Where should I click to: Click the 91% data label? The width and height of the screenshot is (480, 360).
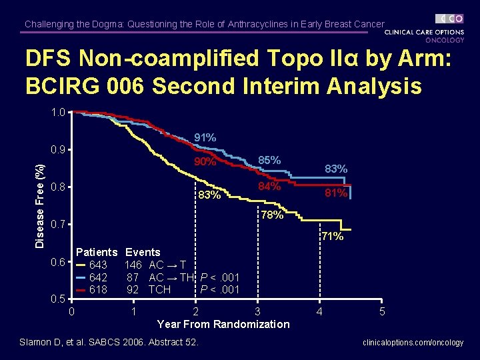pos(205,138)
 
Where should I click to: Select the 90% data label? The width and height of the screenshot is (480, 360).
pos(205,161)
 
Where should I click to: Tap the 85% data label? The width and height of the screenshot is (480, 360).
pos(269,161)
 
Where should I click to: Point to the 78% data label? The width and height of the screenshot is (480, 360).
pos(272,215)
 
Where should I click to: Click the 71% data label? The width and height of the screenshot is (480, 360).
pos(332,236)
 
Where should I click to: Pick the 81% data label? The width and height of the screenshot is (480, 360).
pos(336,193)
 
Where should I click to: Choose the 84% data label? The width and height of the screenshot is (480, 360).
pos(269,186)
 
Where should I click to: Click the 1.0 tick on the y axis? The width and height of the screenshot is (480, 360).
pos(58,113)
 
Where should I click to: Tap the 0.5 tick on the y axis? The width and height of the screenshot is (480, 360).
pos(58,297)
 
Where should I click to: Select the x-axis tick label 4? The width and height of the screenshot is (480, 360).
pos(319,311)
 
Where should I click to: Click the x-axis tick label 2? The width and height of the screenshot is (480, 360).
pos(195,311)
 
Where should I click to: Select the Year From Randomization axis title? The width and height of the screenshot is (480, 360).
pos(223,324)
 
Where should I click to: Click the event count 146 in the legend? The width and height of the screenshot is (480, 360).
pos(133,265)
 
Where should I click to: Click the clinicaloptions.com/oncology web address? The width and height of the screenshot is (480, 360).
pos(413,343)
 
